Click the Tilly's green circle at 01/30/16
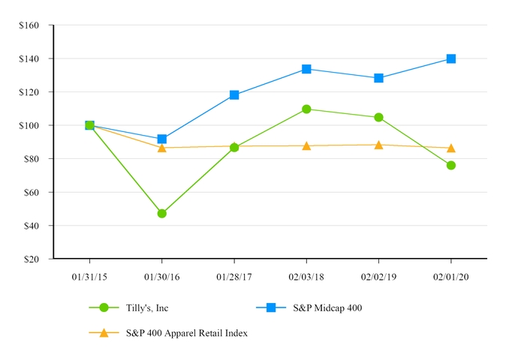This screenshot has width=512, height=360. tap(162, 213)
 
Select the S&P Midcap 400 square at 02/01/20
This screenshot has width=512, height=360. tap(451, 58)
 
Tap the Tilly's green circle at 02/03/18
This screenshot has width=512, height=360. tap(306, 109)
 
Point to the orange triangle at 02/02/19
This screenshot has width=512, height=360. tap(378, 145)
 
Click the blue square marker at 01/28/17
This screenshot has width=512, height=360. tap(234, 95)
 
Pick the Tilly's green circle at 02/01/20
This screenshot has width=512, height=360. tap(451, 165)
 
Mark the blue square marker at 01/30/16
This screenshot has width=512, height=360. tap(162, 139)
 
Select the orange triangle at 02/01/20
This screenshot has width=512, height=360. tap(451, 148)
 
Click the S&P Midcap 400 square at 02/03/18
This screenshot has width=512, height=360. tap(306, 69)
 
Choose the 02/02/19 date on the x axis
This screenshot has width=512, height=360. tap(378, 275)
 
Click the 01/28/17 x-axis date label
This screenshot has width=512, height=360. tap(234, 275)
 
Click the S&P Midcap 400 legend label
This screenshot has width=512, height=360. tap(327, 307)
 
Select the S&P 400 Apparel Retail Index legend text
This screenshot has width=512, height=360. tap(186, 333)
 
